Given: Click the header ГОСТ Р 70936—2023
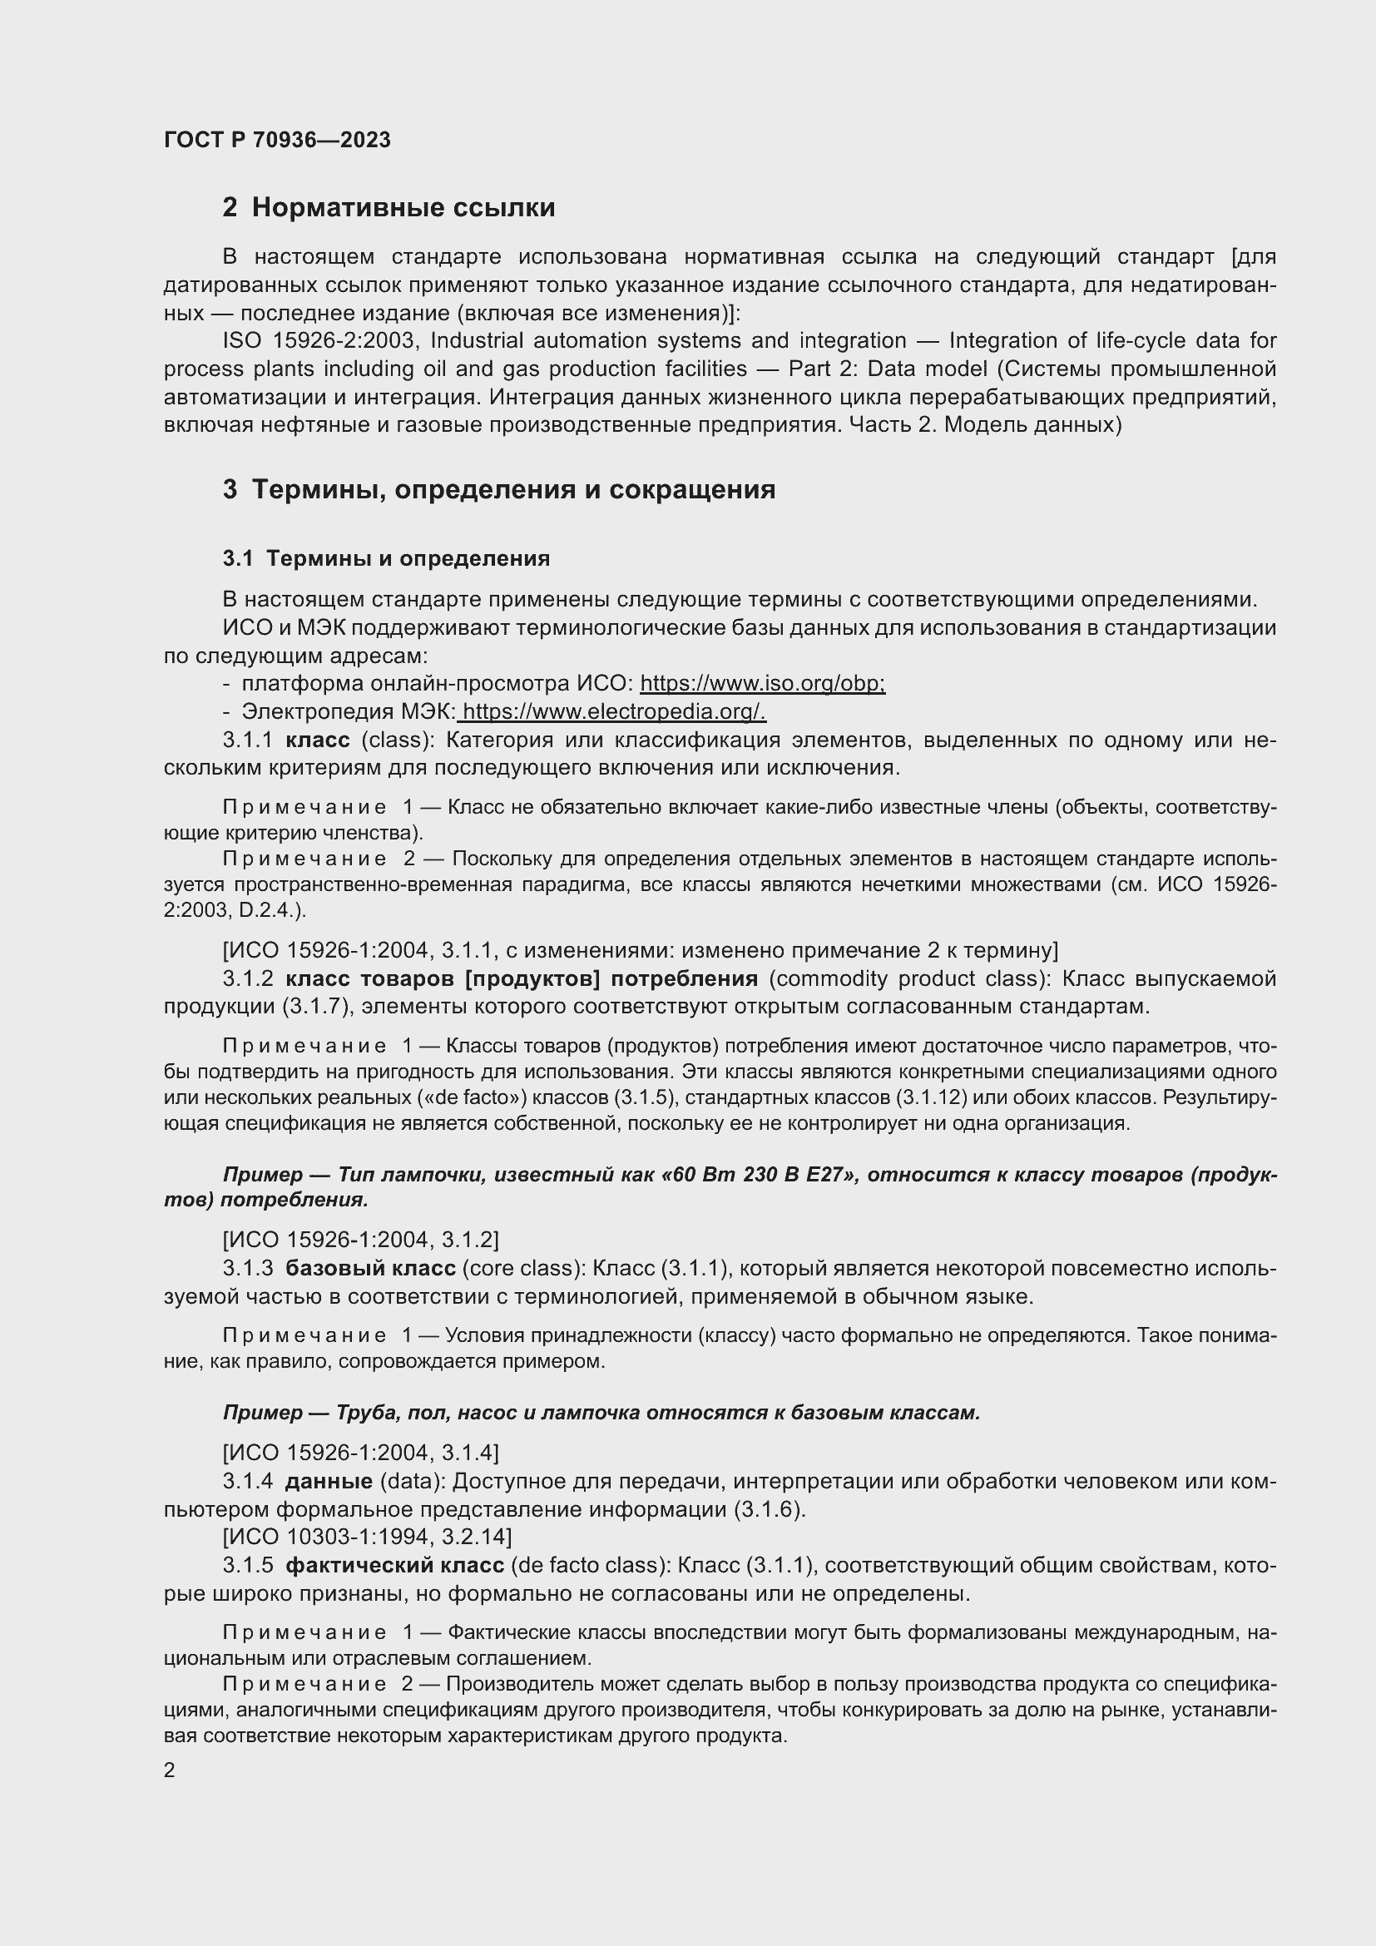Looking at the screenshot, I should (277, 140).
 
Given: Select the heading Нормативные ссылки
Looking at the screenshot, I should (403, 208).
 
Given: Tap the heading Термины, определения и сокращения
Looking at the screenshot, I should (512, 490).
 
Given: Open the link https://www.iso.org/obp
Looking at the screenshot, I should (762, 683).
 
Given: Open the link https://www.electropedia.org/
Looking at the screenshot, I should (614, 711).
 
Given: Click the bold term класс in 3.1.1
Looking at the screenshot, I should (318, 740).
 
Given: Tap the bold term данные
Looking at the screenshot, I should (329, 1482).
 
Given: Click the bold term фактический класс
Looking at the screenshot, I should (395, 1566).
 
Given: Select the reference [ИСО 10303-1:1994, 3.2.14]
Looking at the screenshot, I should (367, 1537).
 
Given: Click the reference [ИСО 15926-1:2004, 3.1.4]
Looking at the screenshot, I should (360, 1453).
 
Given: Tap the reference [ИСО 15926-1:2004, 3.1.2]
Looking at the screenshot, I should (360, 1240).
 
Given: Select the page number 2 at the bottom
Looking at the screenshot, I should (170, 1770).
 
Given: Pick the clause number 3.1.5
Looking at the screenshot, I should (247, 1566).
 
